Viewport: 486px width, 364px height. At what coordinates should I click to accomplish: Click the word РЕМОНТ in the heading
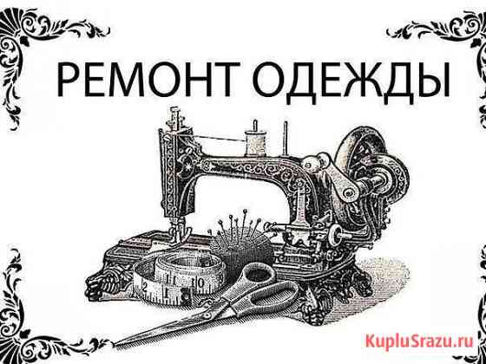tap(148, 79)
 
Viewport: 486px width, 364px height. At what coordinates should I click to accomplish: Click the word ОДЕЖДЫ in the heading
tap(352, 81)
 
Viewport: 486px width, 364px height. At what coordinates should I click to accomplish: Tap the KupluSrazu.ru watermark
tap(419, 341)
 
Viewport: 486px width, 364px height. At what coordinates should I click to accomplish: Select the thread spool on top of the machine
tap(256, 142)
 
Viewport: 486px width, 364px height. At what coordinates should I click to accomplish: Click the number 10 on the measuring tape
tap(199, 283)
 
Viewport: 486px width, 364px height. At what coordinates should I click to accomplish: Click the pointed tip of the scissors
tap(114, 343)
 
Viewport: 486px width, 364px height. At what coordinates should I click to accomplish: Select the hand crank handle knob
tap(313, 163)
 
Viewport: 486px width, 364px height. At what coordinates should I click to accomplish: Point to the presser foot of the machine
tap(181, 231)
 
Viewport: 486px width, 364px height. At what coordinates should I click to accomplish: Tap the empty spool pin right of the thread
tap(286, 139)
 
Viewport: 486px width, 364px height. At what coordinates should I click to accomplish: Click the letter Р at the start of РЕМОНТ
tap(68, 79)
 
